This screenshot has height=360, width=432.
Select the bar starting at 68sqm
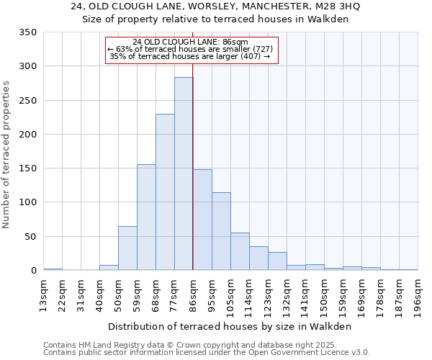pyautogui.click(x=165, y=192)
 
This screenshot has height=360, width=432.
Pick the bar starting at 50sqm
pyautogui.click(x=127, y=248)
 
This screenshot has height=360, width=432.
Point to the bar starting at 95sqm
pyautogui.click(x=221, y=231)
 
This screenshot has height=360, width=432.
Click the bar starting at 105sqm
pyautogui.click(x=240, y=251)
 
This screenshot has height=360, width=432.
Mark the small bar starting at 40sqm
pyautogui.click(x=109, y=268)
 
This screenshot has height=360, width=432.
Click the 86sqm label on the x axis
pyautogui.click(x=193, y=295)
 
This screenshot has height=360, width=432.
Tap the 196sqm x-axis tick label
pyautogui.click(x=418, y=297)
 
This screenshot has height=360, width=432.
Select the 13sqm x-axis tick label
pyautogui.click(x=43, y=295)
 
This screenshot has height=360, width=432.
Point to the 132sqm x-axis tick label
pyautogui.click(x=287, y=297)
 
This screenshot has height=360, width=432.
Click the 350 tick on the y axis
pyautogui.click(x=28, y=32)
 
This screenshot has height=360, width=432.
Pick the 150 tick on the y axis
pyautogui.click(x=28, y=168)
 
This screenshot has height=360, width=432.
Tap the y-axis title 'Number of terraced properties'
pyautogui.click(x=6, y=155)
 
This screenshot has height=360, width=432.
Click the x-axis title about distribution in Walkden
pyautogui.click(x=230, y=326)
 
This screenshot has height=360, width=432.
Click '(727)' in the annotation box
pyautogui.click(x=261, y=49)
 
